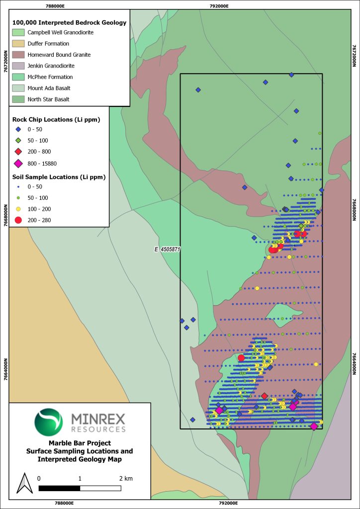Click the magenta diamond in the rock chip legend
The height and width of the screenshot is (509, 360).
coord(18,164)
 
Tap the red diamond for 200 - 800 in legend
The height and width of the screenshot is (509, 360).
coord(18,151)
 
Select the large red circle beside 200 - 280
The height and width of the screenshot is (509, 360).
coord(18,220)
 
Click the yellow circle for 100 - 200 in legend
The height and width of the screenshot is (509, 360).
coord(18,209)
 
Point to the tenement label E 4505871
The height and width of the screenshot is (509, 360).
coord(166,250)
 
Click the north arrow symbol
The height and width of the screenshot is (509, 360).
coord(22,483)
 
